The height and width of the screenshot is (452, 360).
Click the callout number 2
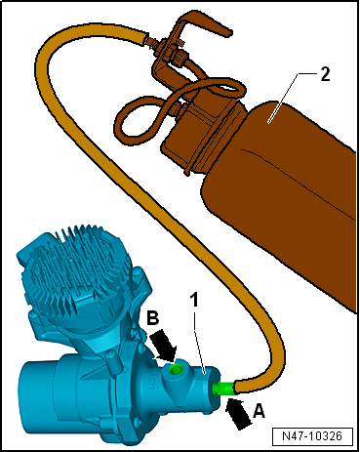[x=325, y=74]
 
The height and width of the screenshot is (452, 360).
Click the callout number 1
[x=194, y=300]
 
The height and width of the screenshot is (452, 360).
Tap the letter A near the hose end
[x=259, y=411]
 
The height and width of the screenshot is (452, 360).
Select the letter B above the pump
[x=153, y=318]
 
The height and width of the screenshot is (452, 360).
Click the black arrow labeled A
[x=239, y=413]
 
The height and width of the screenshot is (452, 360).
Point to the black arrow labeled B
[x=164, y=346]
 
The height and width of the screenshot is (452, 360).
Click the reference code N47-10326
[x=312, y=436]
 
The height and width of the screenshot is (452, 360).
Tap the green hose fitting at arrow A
[x=223, y=388]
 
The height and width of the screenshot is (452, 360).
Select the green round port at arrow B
[x=176, y=369]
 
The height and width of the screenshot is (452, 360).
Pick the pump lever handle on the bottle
[x=202, y=22]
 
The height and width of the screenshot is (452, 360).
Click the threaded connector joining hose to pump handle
[x=153, y=43]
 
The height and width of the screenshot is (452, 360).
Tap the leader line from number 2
[x=284, y=98]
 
